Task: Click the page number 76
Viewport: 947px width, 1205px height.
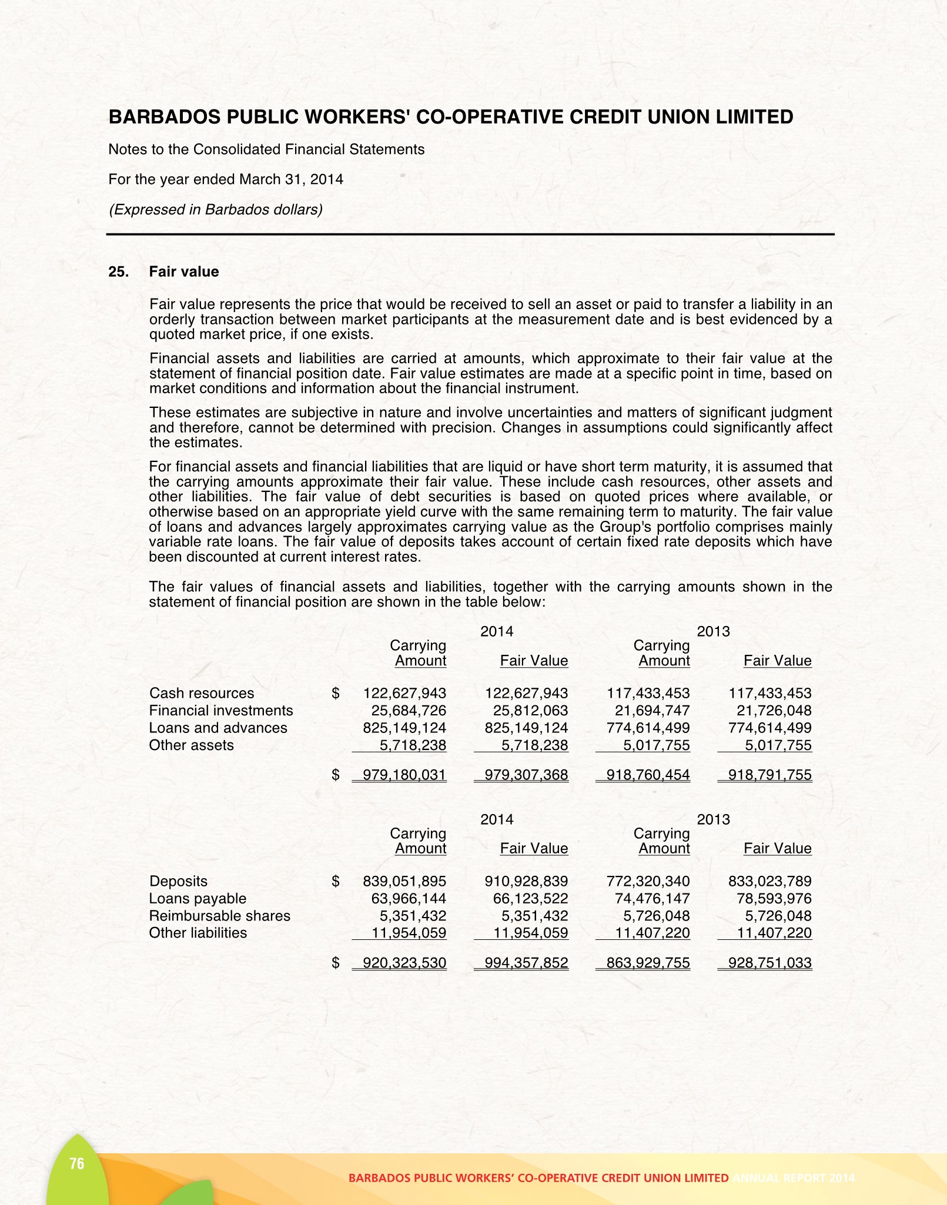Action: [x=77, y=1163]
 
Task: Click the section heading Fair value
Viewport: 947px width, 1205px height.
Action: [x=183, y=272]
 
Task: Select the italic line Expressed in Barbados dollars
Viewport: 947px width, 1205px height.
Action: [x=216, y=210]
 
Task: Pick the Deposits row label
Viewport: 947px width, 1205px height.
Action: [x=178, y=881]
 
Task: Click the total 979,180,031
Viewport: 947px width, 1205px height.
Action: [x=404, y=775]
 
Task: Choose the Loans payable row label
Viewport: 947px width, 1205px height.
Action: [x=198, y=898]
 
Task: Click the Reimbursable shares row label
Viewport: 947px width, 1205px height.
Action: [x=219, y=916]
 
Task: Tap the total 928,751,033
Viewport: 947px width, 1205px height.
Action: [x=769, y=963]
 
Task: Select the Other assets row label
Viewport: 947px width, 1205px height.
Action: [x=191, y=745]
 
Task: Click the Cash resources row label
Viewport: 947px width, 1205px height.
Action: [x=202, y=694]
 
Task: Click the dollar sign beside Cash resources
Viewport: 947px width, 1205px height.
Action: [x=336, y=694]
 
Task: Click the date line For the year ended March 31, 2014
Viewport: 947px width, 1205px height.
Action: [x=226, y=179]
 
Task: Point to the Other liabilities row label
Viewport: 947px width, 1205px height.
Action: [x=198, y=933]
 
